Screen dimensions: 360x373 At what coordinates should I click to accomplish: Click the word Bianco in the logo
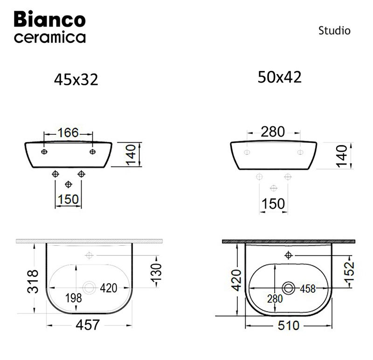tap(50, 19)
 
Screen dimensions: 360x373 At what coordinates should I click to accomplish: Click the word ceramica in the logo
tap(50, 37)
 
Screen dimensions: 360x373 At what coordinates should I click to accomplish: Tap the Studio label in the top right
tap(334, 31)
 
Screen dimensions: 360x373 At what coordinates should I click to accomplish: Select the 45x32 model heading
tap(76, 80)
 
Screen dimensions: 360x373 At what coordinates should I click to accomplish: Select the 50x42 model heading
tap(279, 77)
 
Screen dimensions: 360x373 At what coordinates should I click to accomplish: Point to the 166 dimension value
tap(68, 132)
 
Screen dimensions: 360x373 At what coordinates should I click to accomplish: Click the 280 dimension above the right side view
tap(272, 132)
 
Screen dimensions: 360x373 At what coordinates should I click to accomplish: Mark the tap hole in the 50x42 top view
tap(288, 255)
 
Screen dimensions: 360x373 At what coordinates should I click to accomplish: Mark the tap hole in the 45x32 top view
tap(89, 255)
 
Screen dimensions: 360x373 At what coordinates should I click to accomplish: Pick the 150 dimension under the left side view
tap(68, 200)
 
